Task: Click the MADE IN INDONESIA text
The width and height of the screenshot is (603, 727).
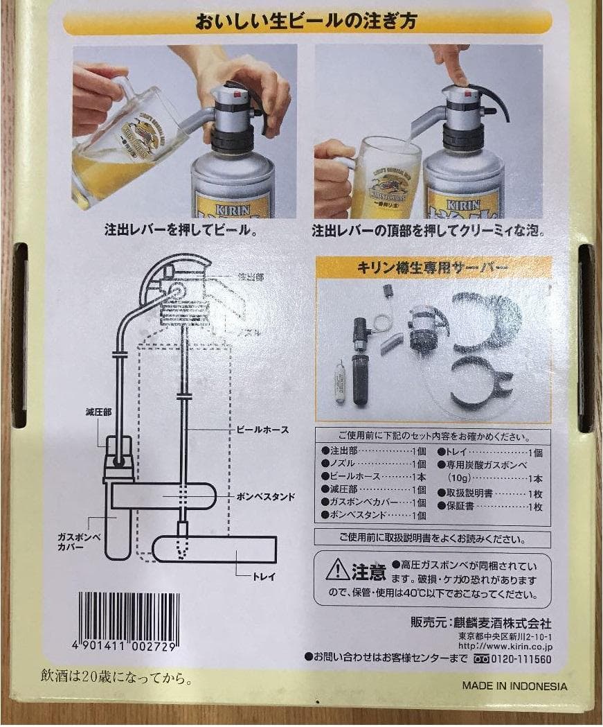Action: coord(514,686)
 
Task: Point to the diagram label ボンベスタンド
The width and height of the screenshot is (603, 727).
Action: coord(266,497)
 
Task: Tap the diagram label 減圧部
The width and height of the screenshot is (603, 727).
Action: coord(90,412)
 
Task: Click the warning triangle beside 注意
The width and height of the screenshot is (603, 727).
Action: coord(337,570)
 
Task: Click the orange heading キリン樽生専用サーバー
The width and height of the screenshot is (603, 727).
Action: coord(433,267)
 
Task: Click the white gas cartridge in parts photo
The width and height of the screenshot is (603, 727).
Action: coord(337,384)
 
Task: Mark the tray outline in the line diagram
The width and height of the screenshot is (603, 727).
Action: coord(215,549)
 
